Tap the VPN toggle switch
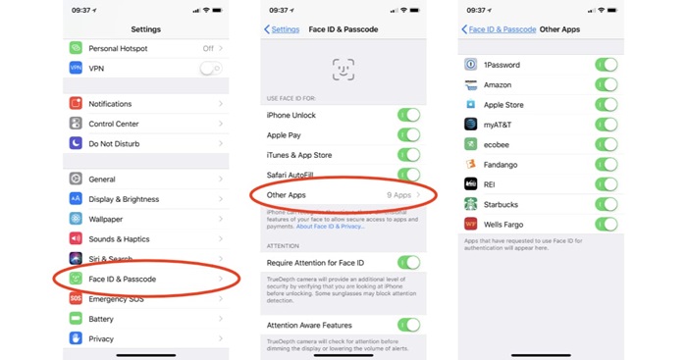(209, 68)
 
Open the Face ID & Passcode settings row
(122, 280)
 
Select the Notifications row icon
(77, 104)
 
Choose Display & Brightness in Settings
(124, 199)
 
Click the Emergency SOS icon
(77, 299)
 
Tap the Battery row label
(101, 319)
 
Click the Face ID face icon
(343, 69)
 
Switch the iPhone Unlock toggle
(408, 115)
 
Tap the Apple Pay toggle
(408, 135)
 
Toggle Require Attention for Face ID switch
(408, 263)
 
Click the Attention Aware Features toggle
(408, 325)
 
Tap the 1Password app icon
(471, 65)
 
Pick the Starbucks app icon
(471, 204)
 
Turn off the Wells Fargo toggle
(607, 224)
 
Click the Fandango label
(500, 164)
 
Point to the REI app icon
(471, 183)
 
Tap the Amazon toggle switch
(607, 84)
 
